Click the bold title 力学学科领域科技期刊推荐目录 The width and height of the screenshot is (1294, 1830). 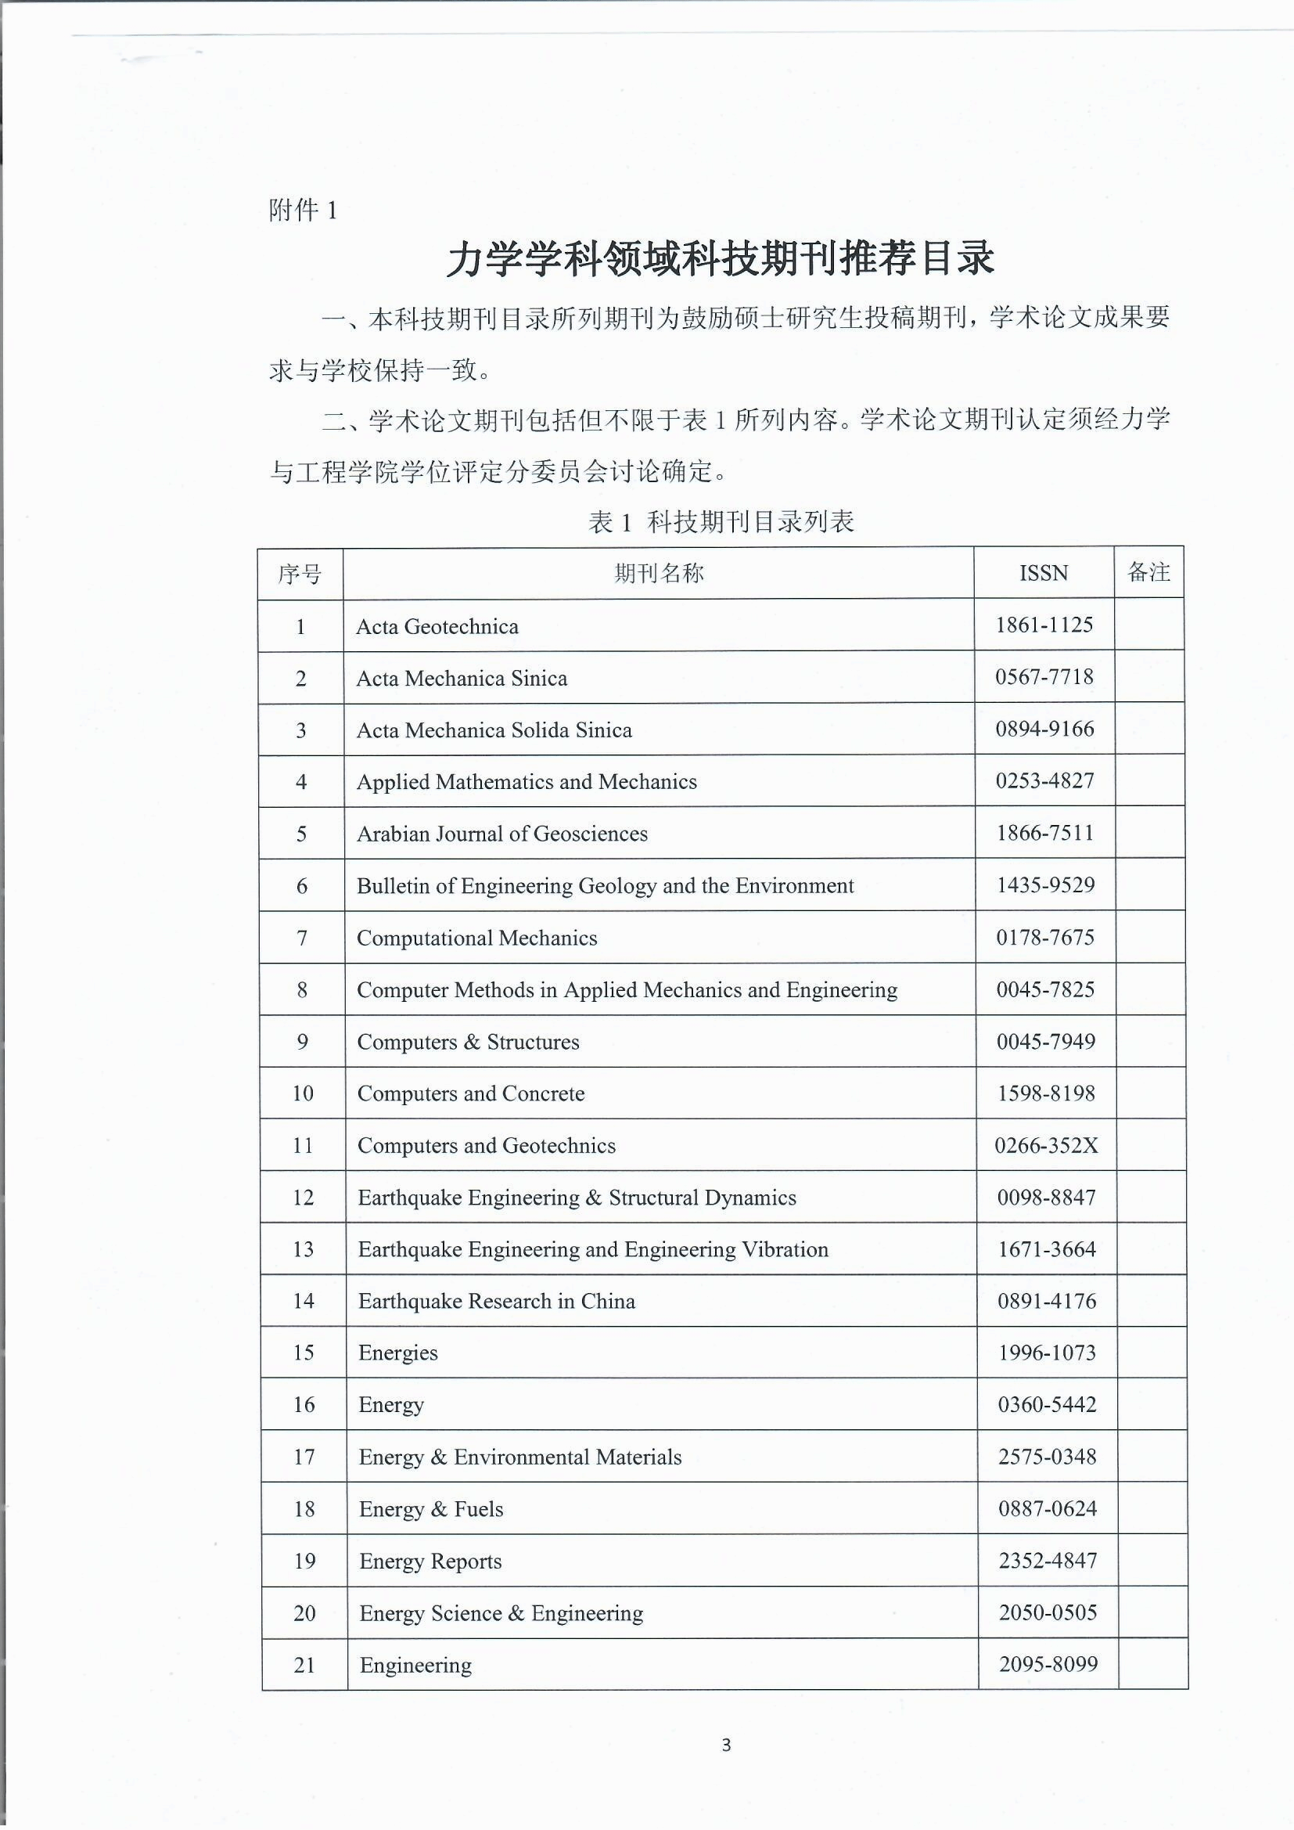click(721, 259)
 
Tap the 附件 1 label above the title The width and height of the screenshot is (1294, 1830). click(303, 211)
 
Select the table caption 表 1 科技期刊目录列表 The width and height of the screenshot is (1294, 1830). click(721, 522)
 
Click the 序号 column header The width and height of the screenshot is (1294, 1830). click(300, 573)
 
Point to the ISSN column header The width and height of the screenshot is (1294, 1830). click(1043, 573)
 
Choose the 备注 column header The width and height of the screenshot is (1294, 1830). click(1148, 571)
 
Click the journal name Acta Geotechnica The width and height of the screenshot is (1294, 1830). click(437, 626)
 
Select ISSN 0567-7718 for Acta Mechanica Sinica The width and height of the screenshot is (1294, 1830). click(1044, 678)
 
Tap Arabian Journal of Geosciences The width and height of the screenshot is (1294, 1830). click(502, 834)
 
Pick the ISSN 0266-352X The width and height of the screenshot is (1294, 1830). click(1045, 1145)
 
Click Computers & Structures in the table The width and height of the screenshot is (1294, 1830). click(468, 1042)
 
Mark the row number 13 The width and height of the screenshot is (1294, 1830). click(303, 1249)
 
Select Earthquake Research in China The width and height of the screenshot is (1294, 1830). click(497, 1301)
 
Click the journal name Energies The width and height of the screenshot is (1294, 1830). click(397, 1353)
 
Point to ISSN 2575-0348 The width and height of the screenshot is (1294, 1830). click(1047, 1456)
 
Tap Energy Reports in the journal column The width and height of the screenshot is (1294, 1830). click(430, 1561)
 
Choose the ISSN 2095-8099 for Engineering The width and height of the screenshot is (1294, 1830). click(1048, 1664)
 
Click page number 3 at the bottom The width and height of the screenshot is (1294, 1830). click(726, 1745)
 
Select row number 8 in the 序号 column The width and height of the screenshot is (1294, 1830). click(302, 990)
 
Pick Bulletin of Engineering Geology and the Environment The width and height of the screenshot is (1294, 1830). click(605, 885)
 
